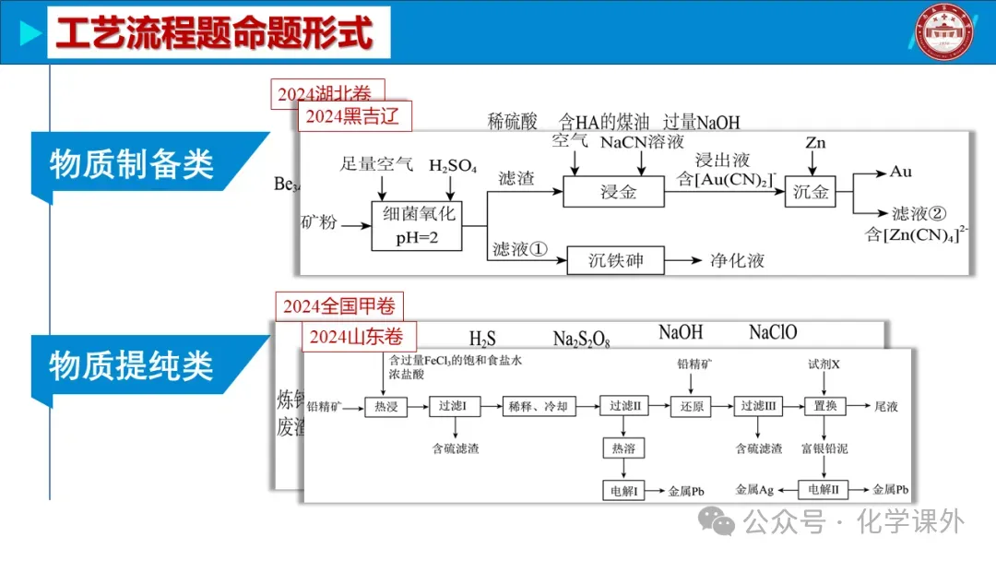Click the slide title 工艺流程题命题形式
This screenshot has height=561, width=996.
click(214, 33)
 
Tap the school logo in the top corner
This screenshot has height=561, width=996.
click(950, 33)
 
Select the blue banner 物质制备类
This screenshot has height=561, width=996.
click(133, 164)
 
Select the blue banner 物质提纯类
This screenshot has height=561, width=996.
click(133, 366)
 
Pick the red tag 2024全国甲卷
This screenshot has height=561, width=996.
click(339, 307)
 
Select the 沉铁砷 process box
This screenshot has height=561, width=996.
click(616, 261)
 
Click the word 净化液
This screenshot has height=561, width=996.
click(737, 261)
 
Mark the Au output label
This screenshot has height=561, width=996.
click(901, 173)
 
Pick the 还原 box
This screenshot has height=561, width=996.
click(692, 405)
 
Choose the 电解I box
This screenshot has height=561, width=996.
click(624, 491)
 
